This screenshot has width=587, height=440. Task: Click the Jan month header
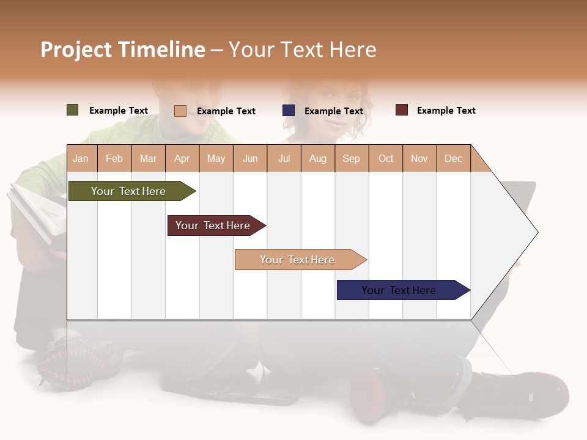point(81,158)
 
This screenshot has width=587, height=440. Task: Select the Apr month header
point(182,158)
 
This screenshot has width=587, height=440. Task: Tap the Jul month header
point(284,158)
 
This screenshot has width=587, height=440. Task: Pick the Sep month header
point(351,158)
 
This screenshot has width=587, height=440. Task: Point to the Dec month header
point(453,158)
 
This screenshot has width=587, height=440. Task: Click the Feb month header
point(114,158)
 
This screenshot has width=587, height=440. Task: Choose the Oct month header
point(386,158)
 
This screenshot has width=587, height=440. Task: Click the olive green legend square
point(73,110)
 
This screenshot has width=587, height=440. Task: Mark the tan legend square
point(180,111)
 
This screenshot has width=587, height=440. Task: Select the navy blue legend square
point(289,111)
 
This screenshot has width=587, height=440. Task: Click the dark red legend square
point(402,110)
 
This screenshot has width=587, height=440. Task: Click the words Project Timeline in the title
point(122,50)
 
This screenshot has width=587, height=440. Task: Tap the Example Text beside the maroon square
point(446,111)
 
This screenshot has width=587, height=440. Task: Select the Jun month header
point(250,158)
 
